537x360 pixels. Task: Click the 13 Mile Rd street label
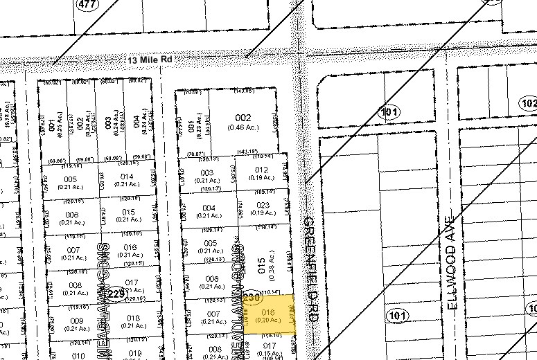(x=149, y=61)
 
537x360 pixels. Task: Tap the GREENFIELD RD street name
(x=310, y=267)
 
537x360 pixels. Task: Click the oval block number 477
(x=86, y=4)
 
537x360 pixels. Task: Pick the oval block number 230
(x=252, y=292)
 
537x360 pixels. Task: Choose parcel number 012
(x=261, y=174)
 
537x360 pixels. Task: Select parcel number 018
(x=133, y=321)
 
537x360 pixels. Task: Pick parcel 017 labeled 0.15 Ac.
(x=269, y=348)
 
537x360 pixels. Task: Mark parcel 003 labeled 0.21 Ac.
(x=206, y=176)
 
